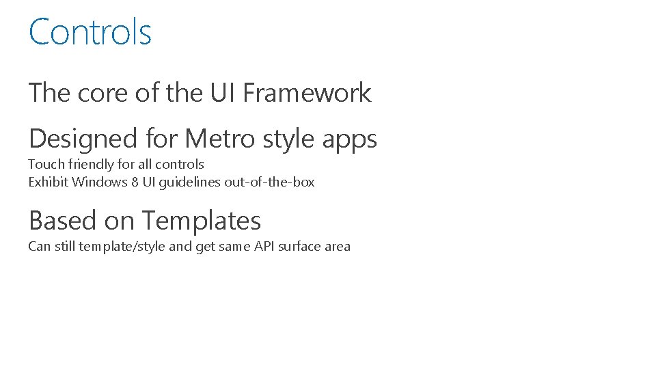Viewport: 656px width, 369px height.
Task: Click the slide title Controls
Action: (90, 32)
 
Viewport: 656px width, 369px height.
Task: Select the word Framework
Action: (307, 93)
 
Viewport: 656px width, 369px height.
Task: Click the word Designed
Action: (83, 139)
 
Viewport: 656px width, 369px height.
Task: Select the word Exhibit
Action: (48, 182)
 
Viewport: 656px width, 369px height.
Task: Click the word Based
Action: (63, 221)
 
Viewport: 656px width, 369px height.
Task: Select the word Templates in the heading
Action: (202, 221)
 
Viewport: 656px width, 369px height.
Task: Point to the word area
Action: (338, 246)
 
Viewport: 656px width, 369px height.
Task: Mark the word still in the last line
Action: (64, 246)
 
